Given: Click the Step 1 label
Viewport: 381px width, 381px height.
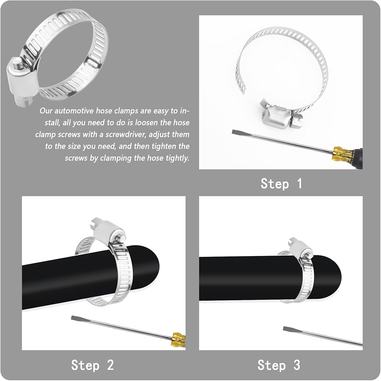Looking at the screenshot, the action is coord(281,184).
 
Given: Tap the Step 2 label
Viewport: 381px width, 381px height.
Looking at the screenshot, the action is coord(92,365).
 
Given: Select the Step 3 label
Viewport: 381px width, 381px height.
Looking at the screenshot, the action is coord(279,365).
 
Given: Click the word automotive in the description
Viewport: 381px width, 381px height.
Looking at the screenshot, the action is coord(74,111).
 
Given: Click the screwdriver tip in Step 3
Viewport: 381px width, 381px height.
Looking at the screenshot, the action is coord(285,328).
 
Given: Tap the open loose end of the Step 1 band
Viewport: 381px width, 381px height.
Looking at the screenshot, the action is coord(243,90).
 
